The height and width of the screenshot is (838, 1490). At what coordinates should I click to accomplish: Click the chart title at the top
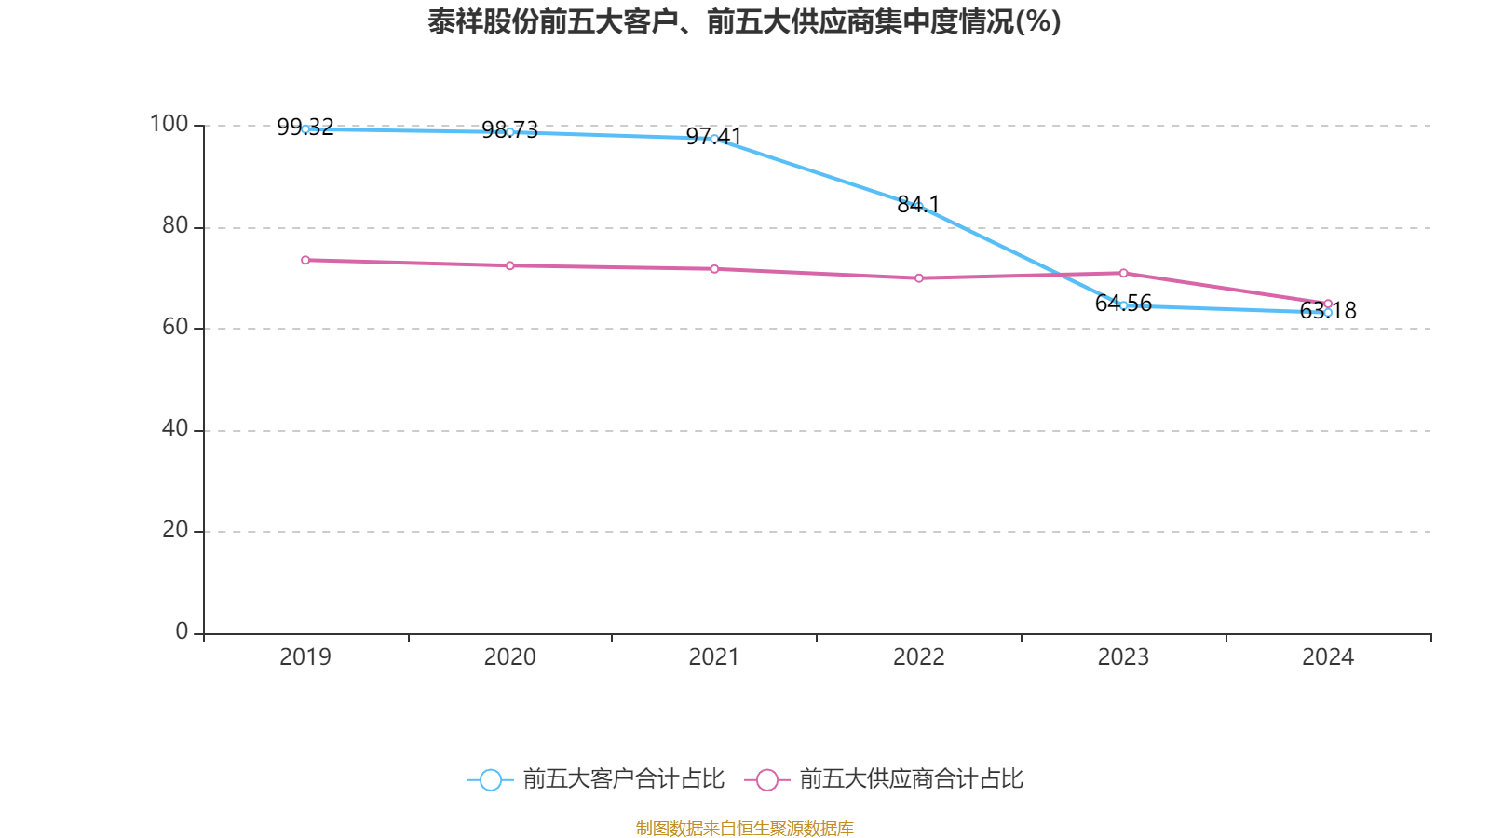point(744,21)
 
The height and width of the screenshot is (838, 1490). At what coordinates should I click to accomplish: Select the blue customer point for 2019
point(305,129)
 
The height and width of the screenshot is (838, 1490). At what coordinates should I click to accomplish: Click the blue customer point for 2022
point(919,207)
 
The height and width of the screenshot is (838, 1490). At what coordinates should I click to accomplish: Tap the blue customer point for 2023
point(1123,305)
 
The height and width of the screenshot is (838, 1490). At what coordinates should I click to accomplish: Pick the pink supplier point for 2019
point(305,260)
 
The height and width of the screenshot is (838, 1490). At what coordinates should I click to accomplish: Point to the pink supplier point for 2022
point(919,277)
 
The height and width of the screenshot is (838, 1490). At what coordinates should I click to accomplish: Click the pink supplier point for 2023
point(1123,273)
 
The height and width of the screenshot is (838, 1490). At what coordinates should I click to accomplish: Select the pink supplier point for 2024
point(1328,304)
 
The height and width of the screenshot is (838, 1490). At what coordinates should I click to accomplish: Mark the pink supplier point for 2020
point(509,265)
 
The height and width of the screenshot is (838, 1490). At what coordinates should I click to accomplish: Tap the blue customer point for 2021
point(714,139)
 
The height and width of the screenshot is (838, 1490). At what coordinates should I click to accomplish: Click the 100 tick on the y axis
point(169,124)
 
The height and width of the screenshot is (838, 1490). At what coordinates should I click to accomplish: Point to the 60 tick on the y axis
point(174,327)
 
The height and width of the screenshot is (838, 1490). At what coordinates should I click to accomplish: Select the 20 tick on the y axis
point(174,530)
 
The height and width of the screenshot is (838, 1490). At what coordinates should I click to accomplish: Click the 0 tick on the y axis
point(182,631)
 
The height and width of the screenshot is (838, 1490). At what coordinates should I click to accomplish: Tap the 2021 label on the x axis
point(713,657)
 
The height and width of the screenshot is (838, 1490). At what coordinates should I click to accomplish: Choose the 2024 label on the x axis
point(1327,657)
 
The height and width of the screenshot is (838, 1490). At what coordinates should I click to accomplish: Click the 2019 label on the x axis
point(305,657)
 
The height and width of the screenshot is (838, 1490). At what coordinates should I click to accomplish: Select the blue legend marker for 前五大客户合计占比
point(491,779)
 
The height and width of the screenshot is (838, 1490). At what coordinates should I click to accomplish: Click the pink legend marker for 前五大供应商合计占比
point(767,779)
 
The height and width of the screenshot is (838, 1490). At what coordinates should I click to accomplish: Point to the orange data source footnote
point(744,828)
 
